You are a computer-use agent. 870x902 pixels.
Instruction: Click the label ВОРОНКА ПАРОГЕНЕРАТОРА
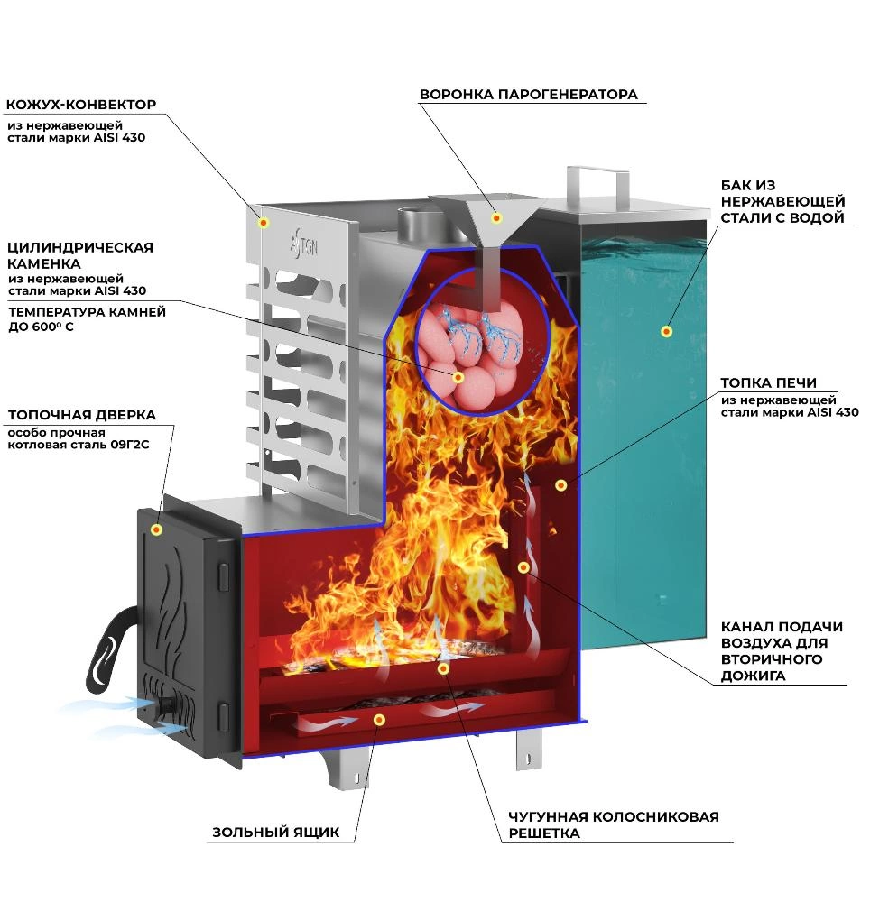point(528,95)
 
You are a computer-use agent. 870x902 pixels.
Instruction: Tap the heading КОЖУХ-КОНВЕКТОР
point(81,105)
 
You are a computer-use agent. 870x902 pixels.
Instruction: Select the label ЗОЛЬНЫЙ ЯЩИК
point(275,832)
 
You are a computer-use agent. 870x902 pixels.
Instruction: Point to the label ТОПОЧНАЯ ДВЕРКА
point(82,415)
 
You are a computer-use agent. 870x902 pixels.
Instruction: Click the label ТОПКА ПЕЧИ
point(768,382)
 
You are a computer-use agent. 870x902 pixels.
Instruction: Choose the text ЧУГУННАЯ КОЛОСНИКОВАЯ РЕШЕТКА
point(614,824)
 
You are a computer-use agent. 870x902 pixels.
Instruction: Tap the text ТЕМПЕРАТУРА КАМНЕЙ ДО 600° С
point(87,319)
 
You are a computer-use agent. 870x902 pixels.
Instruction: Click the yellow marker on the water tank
point(666,331)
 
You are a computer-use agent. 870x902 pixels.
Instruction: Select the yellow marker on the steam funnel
point(496,217)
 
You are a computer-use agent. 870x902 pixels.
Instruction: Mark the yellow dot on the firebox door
point(156,529)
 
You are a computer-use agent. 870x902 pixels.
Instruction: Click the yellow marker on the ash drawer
point(379,720)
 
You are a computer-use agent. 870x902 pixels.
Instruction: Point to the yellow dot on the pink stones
point(458,377)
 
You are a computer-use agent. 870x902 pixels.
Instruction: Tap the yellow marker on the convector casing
point(264,222)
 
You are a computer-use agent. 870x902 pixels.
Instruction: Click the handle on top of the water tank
point(597,186)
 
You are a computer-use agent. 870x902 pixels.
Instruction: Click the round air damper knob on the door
point(167,705)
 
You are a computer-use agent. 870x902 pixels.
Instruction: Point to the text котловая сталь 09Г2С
point(79,445)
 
